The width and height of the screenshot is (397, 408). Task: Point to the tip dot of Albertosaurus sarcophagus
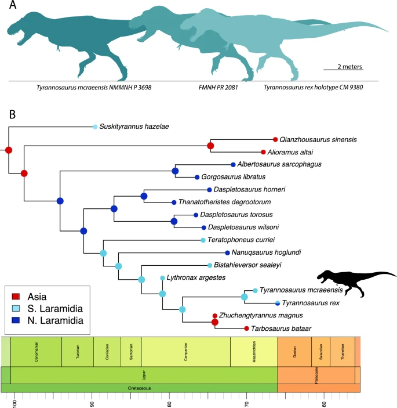[232, 164]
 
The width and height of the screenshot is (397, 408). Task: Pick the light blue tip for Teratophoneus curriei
[203, 240]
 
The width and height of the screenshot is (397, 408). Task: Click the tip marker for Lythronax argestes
[162, 278]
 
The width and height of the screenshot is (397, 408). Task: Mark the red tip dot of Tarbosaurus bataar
[247, 328]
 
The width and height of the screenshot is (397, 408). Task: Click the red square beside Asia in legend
[16, 295]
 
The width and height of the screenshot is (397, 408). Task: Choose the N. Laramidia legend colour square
[16, 320]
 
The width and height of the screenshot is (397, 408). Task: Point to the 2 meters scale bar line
[343, 70]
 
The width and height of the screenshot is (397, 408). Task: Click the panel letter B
[12, 114]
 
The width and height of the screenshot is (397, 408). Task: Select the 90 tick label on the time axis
[92, 401]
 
